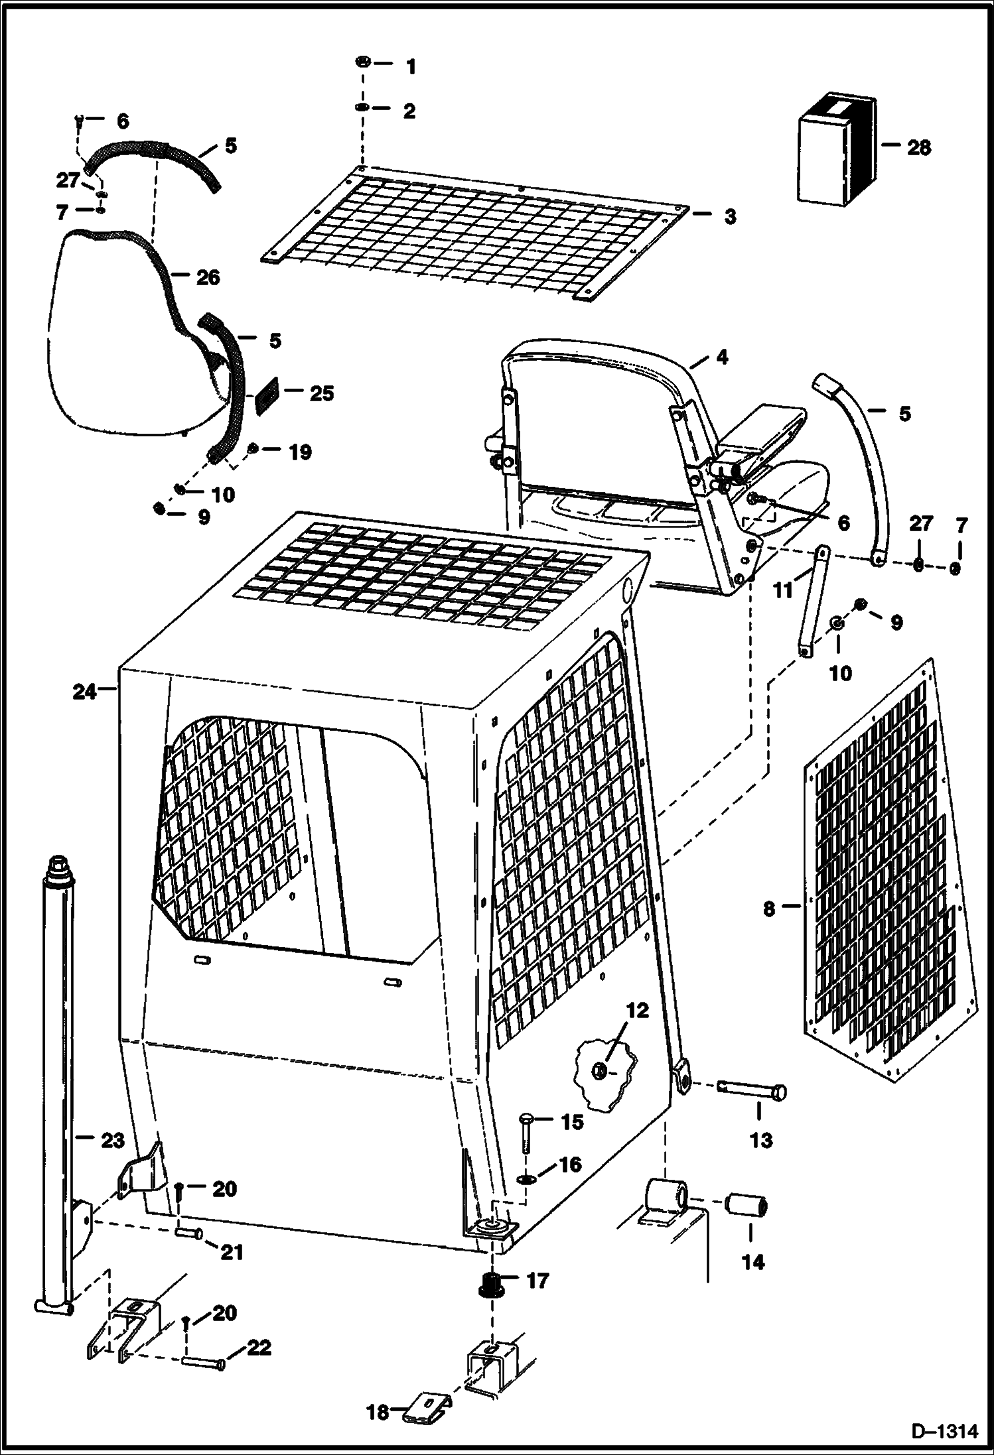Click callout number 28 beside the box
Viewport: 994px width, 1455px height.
(x=918, y=147)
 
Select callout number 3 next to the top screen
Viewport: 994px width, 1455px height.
(x=729, y=216)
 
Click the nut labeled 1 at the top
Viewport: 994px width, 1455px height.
(x=362, y=62)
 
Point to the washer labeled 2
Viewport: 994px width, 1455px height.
(x=362, y=107)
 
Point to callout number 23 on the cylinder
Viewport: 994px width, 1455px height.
(x=112, y=1140)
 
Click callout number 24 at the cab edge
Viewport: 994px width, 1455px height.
(x=85, y=692)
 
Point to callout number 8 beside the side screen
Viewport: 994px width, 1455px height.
(x=768, y=909)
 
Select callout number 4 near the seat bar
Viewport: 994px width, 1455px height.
(x=722, y=357)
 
